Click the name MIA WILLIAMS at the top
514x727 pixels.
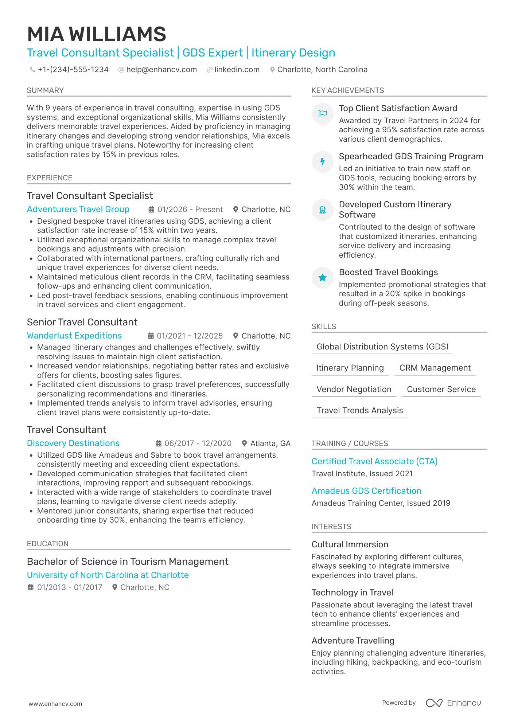click(97, 34)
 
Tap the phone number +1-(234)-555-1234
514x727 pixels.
click(73, 70)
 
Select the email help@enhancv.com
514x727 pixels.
click(161, 70)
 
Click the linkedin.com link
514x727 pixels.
click(237, 70)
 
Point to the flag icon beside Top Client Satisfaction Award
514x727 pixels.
click(323, 114)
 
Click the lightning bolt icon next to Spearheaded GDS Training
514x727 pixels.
click(323, 162)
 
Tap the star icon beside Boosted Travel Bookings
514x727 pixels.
click(323, 278)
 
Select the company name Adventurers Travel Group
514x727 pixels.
click(78, 209)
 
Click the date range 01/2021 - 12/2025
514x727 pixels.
click(190, 336)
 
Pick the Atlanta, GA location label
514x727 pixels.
click(270, 443)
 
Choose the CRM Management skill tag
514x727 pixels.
click(435, 368)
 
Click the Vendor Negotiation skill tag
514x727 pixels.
click(354, 390)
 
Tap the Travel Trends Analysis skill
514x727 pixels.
click(359, 411)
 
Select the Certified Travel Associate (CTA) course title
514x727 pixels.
click(374, 461)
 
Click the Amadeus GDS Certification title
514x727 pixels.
click(366, 491)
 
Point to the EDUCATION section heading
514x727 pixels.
click(48, 544)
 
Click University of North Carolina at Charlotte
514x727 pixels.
click(108, 575)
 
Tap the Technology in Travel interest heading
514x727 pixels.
click(352, 593)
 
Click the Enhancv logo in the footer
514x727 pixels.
click(453, 703)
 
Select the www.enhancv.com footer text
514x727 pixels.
click(55, 704)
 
